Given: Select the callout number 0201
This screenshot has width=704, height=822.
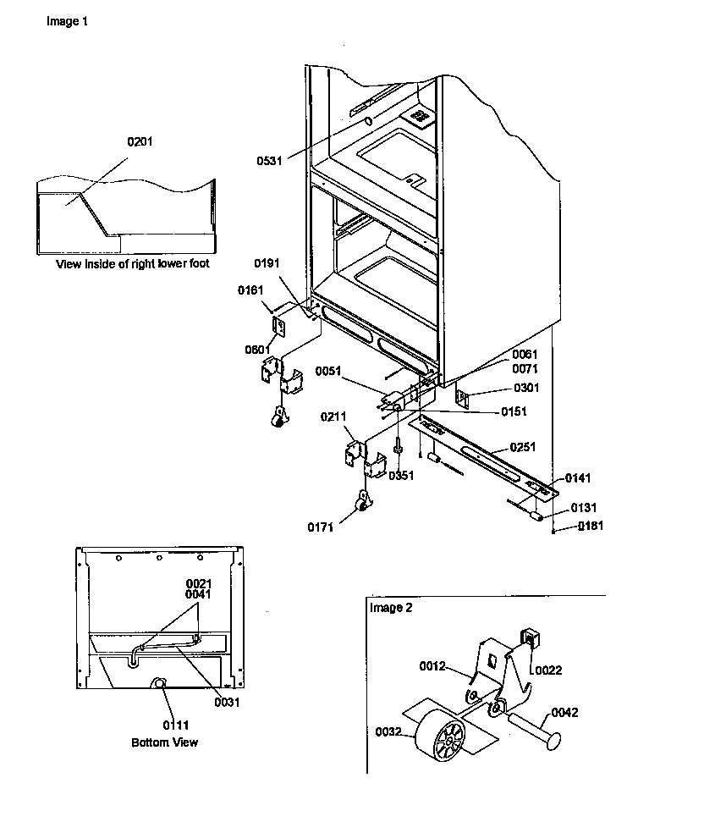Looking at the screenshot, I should (x=140, y=141).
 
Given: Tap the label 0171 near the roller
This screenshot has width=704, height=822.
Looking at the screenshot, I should (x=322, y=528).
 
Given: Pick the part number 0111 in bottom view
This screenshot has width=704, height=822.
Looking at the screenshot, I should (x=166, y=725).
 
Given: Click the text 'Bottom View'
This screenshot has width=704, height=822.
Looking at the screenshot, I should (x=164, y=742).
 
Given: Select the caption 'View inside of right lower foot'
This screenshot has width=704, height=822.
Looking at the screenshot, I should (x=133, y=264).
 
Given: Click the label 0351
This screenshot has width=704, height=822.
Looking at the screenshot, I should (x=401, y=476).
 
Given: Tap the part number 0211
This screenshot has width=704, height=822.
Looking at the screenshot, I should (x=333, y=417).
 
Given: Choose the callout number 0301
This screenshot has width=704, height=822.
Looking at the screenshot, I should (x=525, y=389).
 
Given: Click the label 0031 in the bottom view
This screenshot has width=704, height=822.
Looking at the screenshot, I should (x=228, y=702).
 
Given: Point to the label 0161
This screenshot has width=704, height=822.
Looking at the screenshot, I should (x=250, y=291).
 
